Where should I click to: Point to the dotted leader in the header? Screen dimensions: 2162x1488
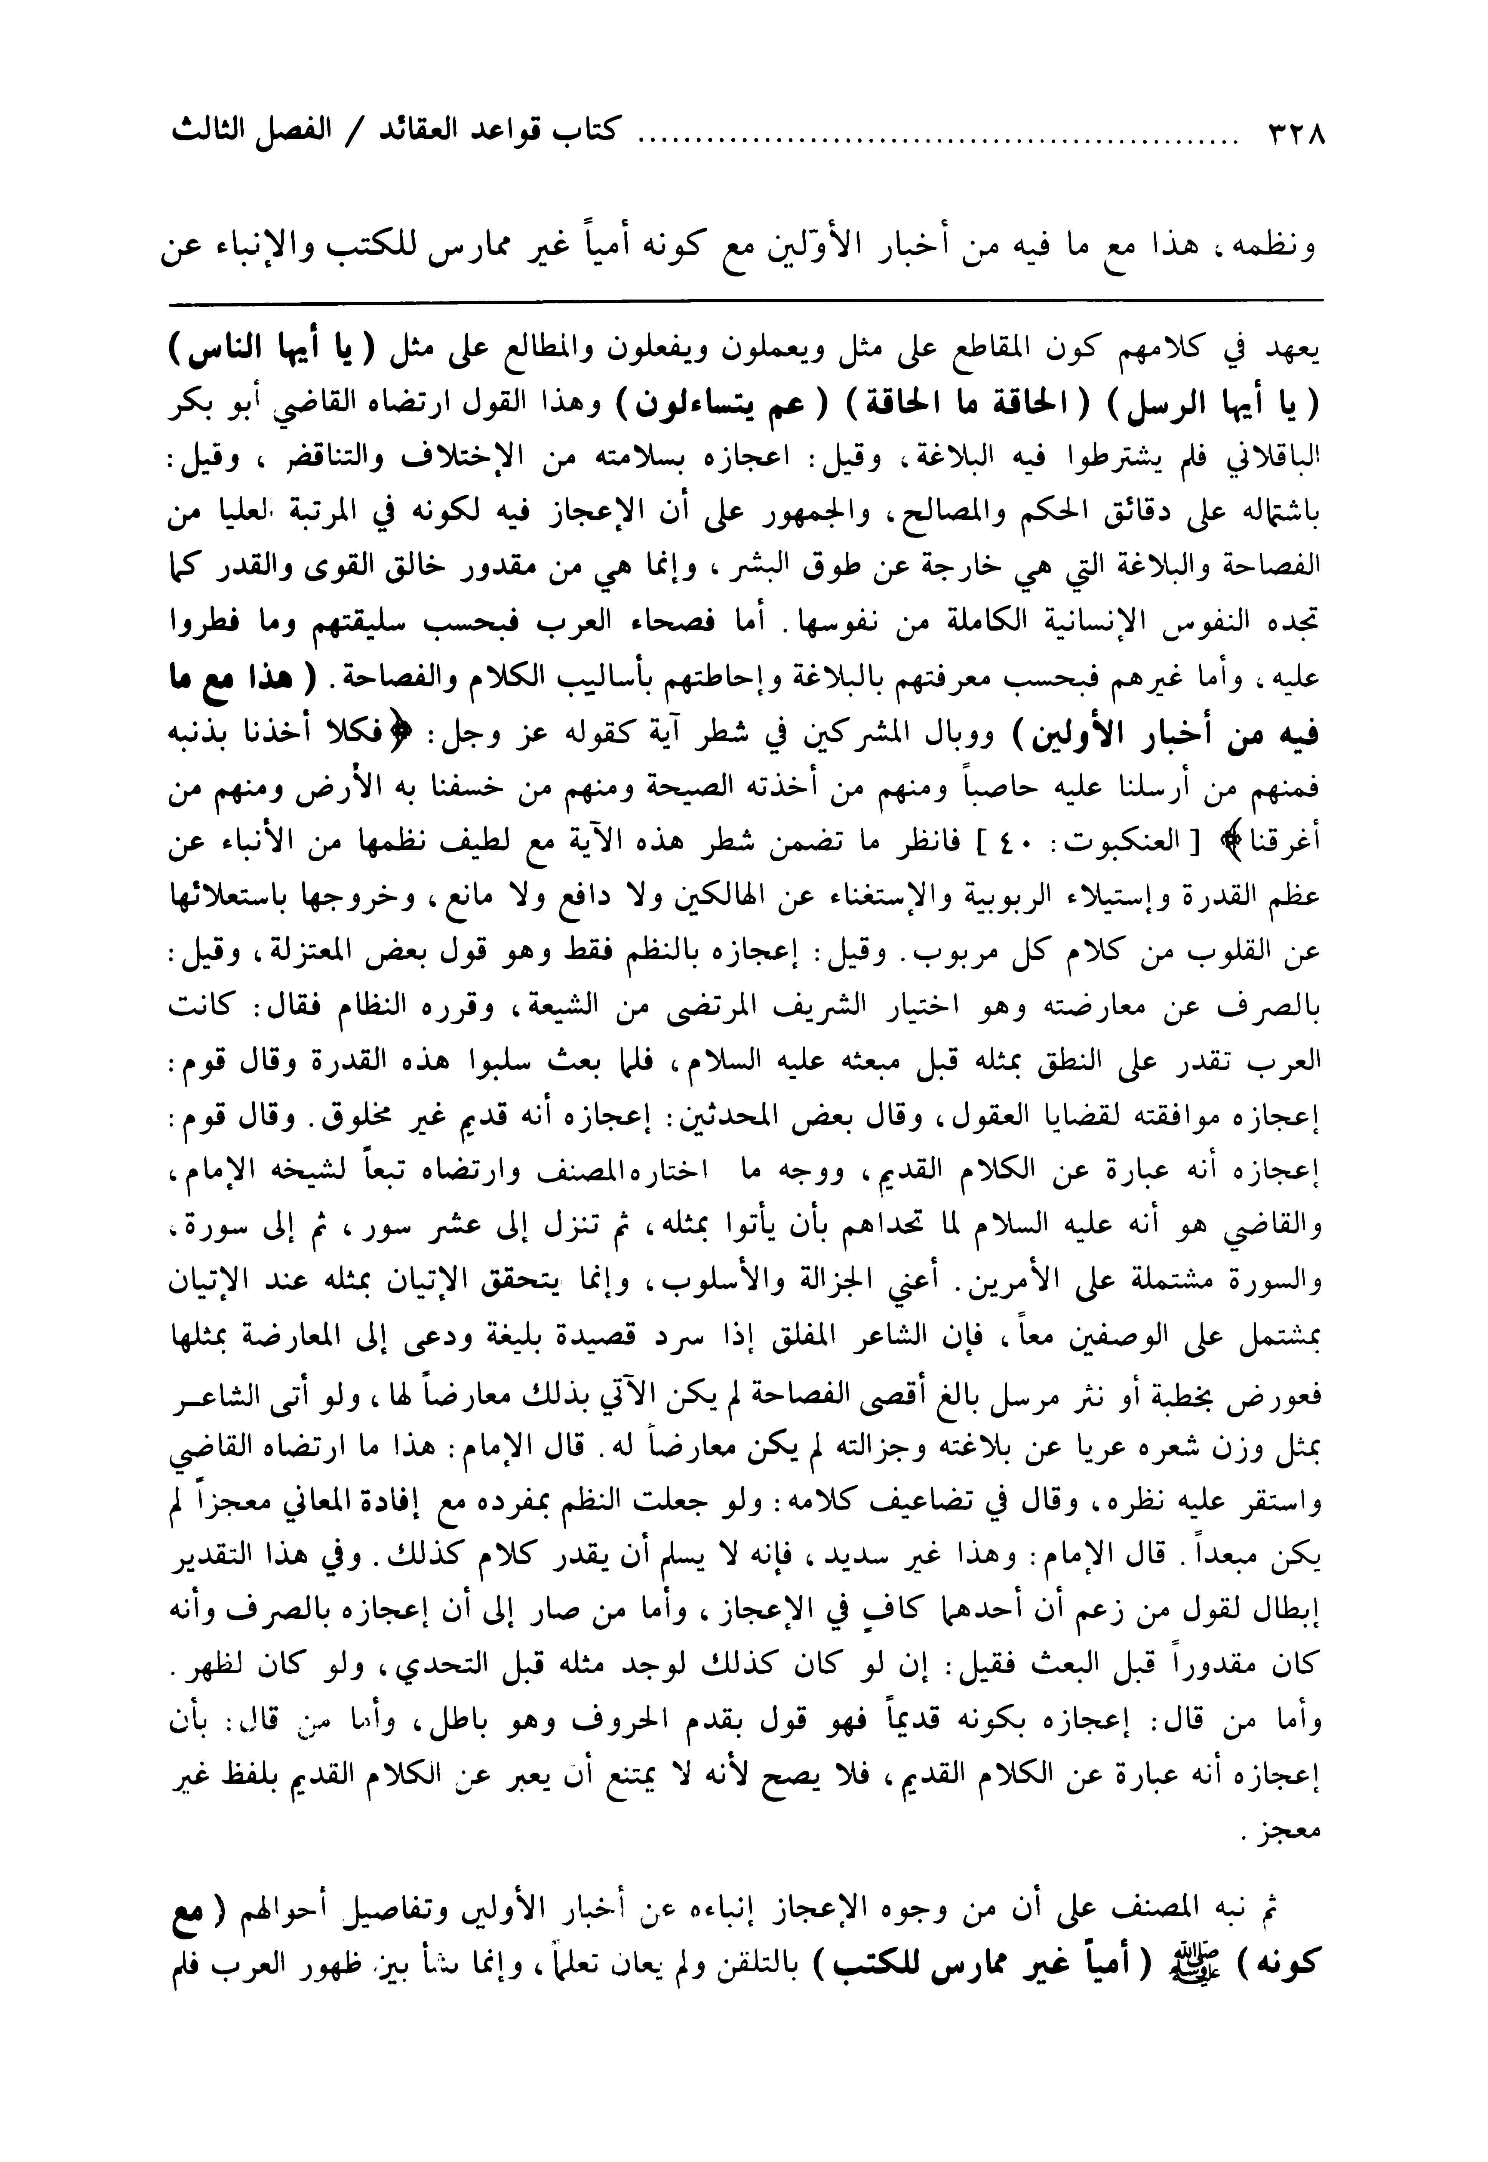[x=932, y=140]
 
